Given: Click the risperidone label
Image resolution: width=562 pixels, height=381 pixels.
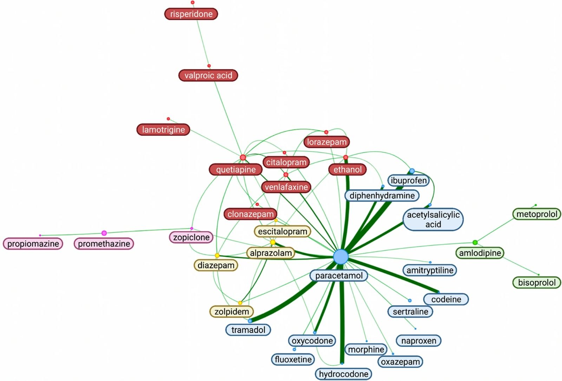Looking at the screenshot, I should click(x=191, y=14).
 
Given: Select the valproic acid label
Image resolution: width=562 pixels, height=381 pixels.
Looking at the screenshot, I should click(x=208, y=75).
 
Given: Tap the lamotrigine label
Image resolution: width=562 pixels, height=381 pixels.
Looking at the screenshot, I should click(x=163, y=129).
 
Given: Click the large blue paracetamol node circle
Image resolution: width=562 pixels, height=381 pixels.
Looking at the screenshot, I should click(x=341, y=257).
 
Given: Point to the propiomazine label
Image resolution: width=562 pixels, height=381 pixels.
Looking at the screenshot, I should click(x=33, y=244).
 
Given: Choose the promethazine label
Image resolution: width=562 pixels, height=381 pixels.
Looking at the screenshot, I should click(x=104, y=244).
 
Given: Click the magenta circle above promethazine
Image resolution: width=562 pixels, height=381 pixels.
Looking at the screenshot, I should click(x=104, y=233).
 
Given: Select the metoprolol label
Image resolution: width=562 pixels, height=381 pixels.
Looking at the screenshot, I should click(x=537, y=214).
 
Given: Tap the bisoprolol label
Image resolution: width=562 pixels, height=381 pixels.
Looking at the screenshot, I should click(x=537, y=282).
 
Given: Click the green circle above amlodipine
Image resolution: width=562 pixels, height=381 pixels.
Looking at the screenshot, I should click(x=475, y=242).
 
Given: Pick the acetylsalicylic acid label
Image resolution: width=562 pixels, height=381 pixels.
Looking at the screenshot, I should click(x=433, y=220).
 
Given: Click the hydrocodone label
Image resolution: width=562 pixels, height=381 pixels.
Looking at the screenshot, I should click(x=344, y=374).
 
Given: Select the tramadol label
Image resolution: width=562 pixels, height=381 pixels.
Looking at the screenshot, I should click(x=248, y=330).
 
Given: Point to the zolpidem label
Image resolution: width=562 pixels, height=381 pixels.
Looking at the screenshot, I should click(x=232, y=311).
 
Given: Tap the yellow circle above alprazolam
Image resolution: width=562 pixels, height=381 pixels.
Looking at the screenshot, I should click(x=273, y=242).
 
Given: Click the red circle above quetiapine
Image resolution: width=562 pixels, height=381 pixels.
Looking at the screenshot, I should click(x=243, y=157).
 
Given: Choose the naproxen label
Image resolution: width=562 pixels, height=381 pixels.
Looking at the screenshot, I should click(x=418, y=341).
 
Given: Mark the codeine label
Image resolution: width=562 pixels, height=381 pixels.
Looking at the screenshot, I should click(x=446, y=299).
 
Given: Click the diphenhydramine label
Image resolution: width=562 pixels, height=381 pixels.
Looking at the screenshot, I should click(x=382, y=196).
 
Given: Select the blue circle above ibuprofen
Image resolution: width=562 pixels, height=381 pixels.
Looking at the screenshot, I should click(x=412, y=171).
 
